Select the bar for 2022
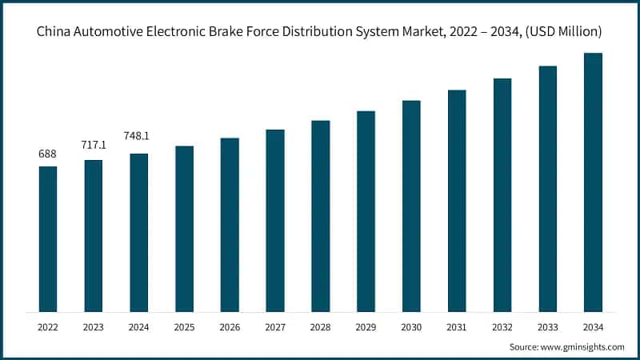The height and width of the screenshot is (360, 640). pyautogui.click(x=48, y=239)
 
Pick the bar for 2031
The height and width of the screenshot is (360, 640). pyautogui.click(x=457, y=201)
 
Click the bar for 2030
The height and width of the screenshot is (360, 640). pyautogui.click(x=411, y=206)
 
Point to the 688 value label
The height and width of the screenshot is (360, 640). pyautogui.click(x=48, y=154)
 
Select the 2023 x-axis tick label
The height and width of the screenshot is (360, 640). pyautogui.click(x=94, y=326)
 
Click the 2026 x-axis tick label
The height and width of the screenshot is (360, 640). pyautogui.click(x=230, y=326)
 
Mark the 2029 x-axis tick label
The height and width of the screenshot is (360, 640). pyautogui.click(x=366, y=326)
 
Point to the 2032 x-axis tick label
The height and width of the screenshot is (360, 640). pyautogui.click(x=502, y=326)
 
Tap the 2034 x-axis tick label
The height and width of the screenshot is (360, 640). pyautogui.click(x=593, y=326)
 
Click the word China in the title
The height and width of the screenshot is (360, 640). pyautogui.click(x=55, y=31)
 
